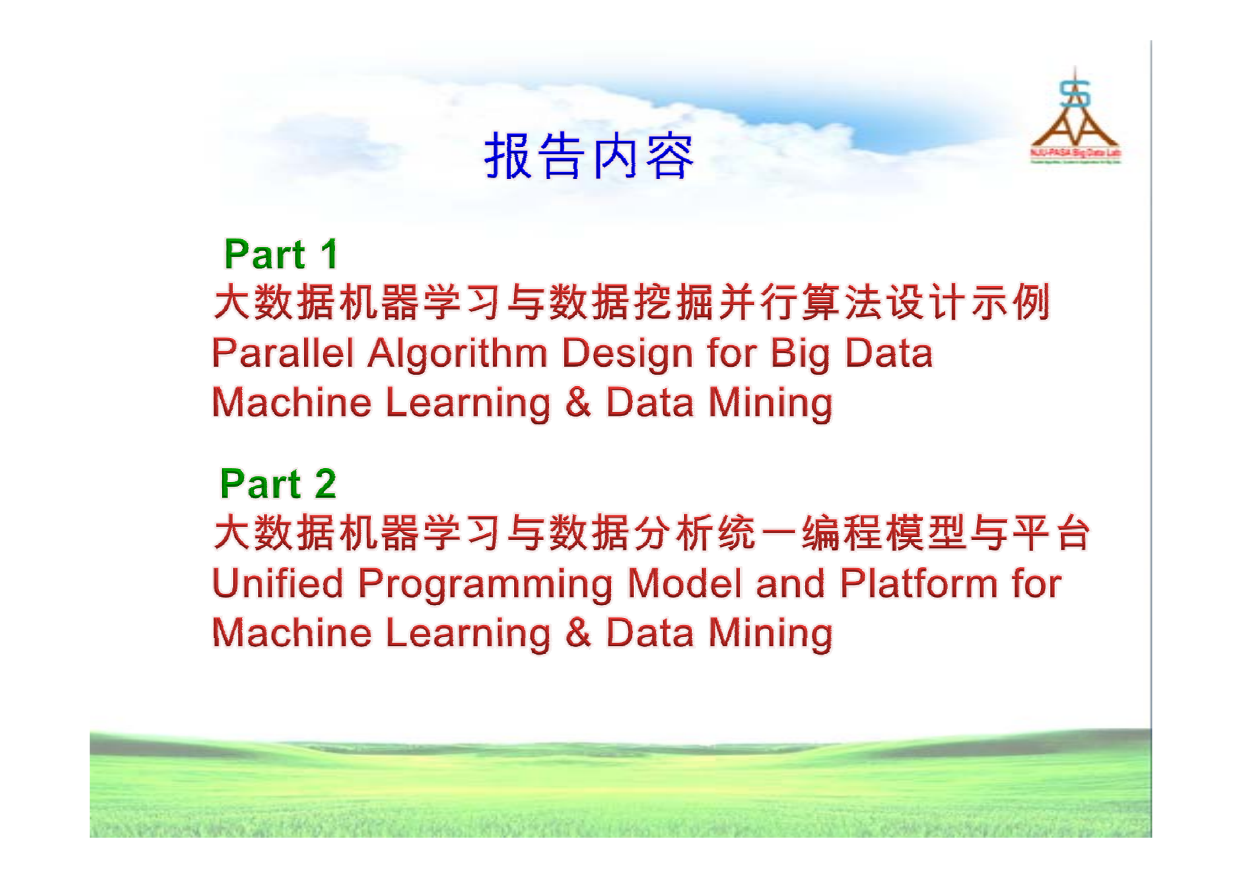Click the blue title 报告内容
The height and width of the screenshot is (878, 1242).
coord(589,156)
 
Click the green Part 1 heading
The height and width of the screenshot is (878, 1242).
coord(280,254)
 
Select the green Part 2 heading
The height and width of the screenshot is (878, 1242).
coord(278,484)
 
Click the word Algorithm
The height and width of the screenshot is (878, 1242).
coord(458,354)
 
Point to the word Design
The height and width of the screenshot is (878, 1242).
coord(627,354)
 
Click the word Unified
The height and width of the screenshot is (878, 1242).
coord(278,584)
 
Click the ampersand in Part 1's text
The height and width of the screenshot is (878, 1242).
coord(578,402)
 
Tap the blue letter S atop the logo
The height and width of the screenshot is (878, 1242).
coord(1074,94)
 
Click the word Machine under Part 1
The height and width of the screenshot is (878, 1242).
coord(292,402)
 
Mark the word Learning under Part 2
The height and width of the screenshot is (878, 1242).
coord(467,634)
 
